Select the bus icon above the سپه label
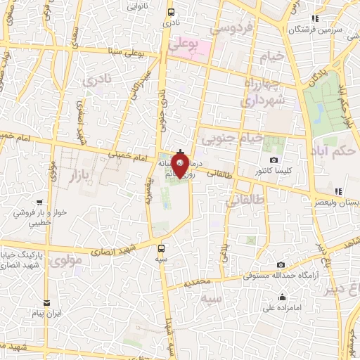(162, 248)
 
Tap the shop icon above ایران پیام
(47, 302)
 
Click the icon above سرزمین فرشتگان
(316, 18)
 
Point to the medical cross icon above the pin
(181, 152)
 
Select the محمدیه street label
(195, 283)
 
